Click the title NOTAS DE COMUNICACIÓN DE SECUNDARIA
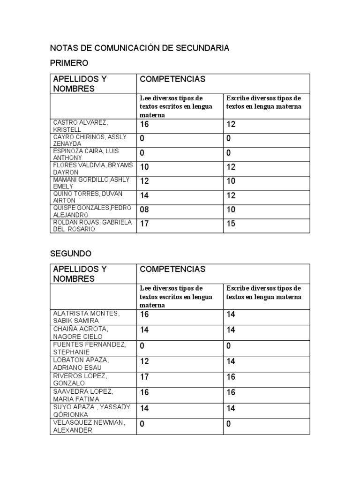pos(139,48)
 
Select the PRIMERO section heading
pos(69,63)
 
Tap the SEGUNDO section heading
pos(71,254)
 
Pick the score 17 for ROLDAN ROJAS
pos(144,224)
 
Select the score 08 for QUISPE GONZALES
pos(145,210)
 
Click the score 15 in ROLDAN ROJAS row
pos(231,224)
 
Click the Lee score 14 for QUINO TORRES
pos(144,195)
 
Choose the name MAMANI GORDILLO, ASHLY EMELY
pos(91,183)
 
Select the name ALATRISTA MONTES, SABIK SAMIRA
pos(86,317)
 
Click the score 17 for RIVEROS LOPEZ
pos(144,377)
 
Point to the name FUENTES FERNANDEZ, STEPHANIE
pos(90,348)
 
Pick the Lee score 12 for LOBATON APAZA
pos(144,361)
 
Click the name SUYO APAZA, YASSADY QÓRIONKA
pos(91,411)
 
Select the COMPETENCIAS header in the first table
pos(172,79)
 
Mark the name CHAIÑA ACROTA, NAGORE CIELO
pos(81,333)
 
